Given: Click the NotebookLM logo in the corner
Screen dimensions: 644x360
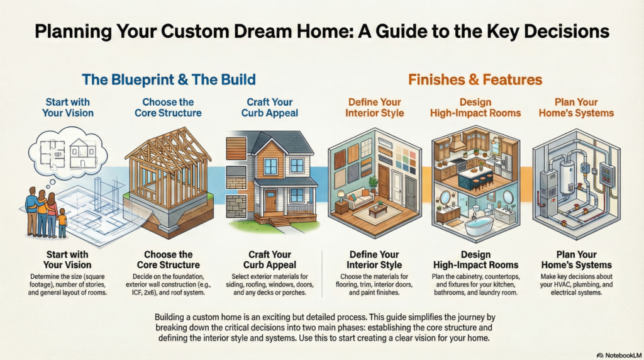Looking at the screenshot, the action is [x=619, y=355].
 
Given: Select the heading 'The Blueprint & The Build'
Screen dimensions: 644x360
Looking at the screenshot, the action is [x=169, y=79].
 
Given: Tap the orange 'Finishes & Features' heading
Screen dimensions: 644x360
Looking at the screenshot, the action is [x=475, y=79].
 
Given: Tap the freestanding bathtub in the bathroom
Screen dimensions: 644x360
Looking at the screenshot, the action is [x=479, y=226].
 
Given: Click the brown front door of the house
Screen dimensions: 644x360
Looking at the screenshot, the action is [x=270, y=201].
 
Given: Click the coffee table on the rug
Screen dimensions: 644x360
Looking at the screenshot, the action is [x=378, y=210].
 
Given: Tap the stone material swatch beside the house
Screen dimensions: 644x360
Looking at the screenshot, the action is [x=236, y=206].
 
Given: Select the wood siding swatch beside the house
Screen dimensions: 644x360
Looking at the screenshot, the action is [x=236, y=149].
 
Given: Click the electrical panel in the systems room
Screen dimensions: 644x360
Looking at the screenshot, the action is [x=606, y=175].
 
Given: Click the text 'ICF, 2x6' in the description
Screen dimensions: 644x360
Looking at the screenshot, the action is [x=144, y=293].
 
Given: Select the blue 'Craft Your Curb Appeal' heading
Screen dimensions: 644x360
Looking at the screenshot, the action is [x=270, y=107].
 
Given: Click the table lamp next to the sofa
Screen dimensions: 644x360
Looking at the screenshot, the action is [x=341, y=196].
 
